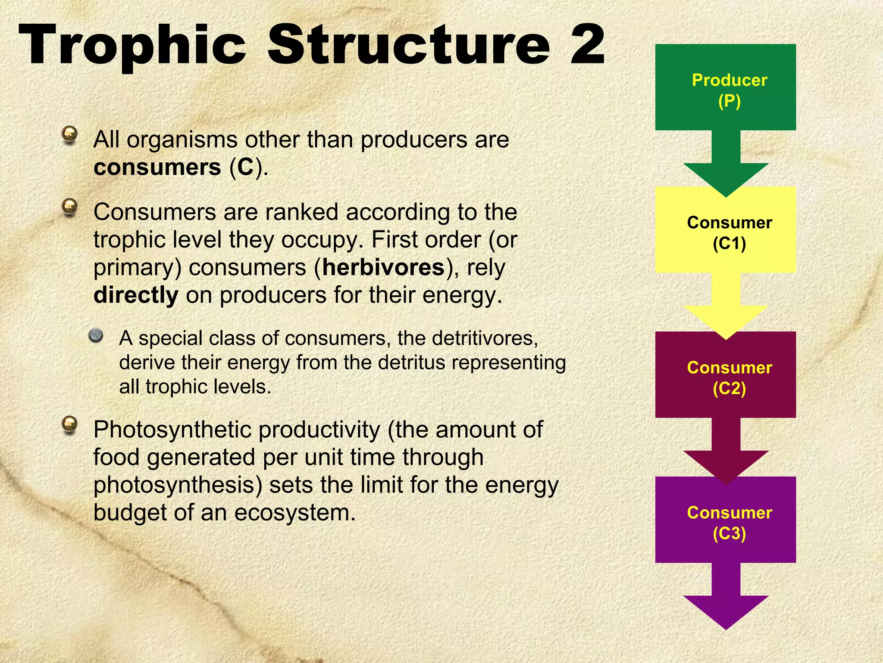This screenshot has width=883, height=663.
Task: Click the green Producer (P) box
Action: [725, 88]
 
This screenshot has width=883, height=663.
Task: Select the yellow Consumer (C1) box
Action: [725, 230]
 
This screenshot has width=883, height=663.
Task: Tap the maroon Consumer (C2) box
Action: [725, 375]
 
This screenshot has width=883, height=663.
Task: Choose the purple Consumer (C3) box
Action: [725, 520]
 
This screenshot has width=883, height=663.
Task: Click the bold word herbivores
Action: [383, 268]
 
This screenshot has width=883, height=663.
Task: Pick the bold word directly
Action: [136, 295]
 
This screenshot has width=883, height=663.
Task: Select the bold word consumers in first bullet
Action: [157, 167]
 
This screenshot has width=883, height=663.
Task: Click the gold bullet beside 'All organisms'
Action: [69, 135]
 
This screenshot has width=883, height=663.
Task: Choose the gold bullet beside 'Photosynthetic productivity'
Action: [69, 425]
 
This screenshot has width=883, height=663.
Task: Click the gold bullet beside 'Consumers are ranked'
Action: [69, 207]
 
